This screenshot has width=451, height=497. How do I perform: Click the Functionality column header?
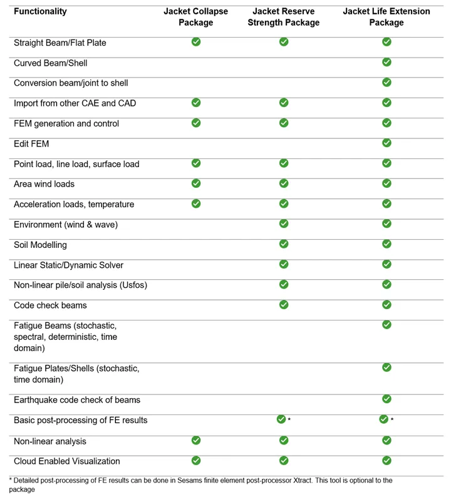(40, 12)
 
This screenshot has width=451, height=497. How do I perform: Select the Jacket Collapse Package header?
(196, 17)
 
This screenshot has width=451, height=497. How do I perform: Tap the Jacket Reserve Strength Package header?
(284, 17)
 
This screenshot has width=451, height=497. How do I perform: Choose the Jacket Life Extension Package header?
(386, 17)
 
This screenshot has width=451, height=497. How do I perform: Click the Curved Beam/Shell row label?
(51, 63)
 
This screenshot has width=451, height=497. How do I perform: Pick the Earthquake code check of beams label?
(77, 400)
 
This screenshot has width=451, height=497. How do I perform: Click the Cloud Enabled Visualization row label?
(67, 461)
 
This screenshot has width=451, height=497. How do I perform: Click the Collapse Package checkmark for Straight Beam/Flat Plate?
(196, 42)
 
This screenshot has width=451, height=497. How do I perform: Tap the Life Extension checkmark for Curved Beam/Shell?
(386, 62)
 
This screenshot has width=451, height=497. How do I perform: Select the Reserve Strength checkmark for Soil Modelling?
(284, 244)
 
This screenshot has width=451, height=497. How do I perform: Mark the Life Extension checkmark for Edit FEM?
(386, 143)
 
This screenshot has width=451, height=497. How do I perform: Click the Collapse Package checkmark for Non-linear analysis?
(196, 441)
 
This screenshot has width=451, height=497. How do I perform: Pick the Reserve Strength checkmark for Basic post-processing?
(281, 419)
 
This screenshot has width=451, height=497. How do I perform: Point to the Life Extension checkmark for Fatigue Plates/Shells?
(386, 367)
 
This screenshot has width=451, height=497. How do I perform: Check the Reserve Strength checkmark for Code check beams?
(284, 305)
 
